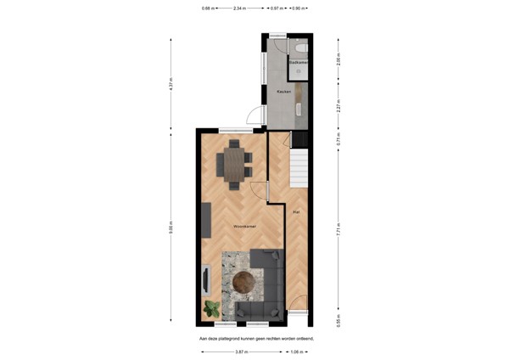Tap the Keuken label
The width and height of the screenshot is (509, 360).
click(x=284, y=91)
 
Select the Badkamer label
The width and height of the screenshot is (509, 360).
click(x=298, y=63)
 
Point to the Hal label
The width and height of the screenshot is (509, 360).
click(x=296, y=211)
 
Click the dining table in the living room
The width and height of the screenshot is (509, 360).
click(x=233, y=161)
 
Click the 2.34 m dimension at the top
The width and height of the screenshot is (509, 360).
click(x=240, y=8)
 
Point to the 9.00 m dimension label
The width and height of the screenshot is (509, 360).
click(x=170, y=228)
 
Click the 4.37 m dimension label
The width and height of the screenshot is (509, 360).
click(x=170, y=85)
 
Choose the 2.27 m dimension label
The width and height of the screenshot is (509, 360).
click(x=339, y=107)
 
